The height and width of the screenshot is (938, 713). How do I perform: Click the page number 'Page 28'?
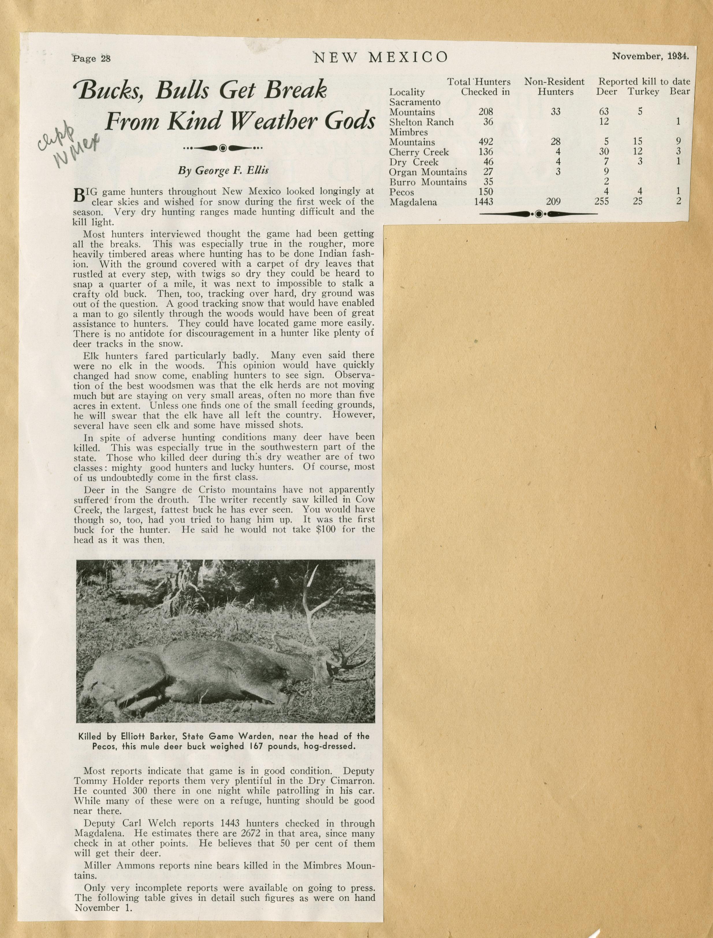(x=92, y=59)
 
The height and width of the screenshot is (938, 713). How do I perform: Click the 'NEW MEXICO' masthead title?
(x=380, y=57)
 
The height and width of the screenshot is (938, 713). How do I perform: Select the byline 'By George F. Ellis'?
(x=223, y=171)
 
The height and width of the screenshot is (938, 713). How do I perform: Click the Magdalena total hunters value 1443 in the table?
(x=483, y=202)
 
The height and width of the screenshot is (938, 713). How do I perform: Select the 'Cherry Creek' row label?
(x=419, y=152)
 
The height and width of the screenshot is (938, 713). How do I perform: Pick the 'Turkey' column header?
(x=643, y=92)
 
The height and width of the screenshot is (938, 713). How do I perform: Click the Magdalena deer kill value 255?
(x=602, y=202)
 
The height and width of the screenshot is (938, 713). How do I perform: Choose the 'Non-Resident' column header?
(x=554, y=81)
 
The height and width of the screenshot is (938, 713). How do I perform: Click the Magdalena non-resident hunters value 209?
(x=553, y=202)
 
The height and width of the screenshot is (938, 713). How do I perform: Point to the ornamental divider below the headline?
(x=223, y=148)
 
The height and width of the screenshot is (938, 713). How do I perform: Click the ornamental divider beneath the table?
(x=538, y=214)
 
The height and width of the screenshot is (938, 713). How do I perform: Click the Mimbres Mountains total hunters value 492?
(x=486, y=142)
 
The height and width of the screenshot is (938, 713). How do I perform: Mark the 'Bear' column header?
(x=680, y=92)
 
